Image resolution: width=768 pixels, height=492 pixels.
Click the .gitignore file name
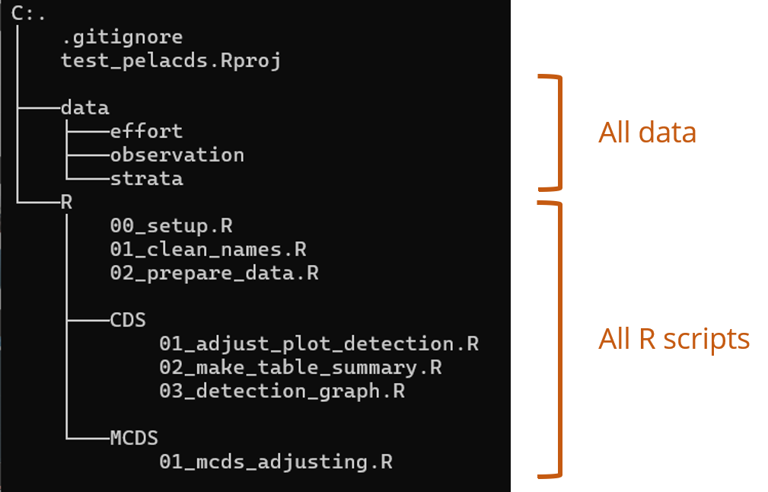(123, 37)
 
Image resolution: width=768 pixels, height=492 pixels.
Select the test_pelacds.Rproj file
(171, 61)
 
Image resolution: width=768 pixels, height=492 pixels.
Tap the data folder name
(85, 108)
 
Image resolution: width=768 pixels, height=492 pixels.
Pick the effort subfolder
(146, 131)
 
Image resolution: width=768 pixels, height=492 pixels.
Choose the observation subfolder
(177, 155)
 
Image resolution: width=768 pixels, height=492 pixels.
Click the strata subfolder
(147, 178)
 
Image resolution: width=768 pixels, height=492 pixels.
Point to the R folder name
(67, 202)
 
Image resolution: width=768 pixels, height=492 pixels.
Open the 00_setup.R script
(171, 226)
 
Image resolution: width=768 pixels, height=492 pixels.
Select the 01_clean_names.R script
(208, 250)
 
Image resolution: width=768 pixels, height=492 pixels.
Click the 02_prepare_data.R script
(215, 273)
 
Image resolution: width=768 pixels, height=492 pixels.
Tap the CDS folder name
(128, 320)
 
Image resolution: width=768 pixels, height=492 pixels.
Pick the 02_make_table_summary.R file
(301, 368)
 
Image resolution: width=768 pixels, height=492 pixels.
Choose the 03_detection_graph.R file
(282, 391)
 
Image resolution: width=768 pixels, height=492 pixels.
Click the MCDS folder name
(134, 438)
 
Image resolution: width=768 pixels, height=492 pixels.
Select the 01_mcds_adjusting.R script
(276, 462)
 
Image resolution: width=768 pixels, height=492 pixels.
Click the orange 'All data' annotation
(647, 133)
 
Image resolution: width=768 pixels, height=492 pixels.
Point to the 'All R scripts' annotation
(674, 339)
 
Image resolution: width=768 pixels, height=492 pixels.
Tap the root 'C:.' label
(28, 14)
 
